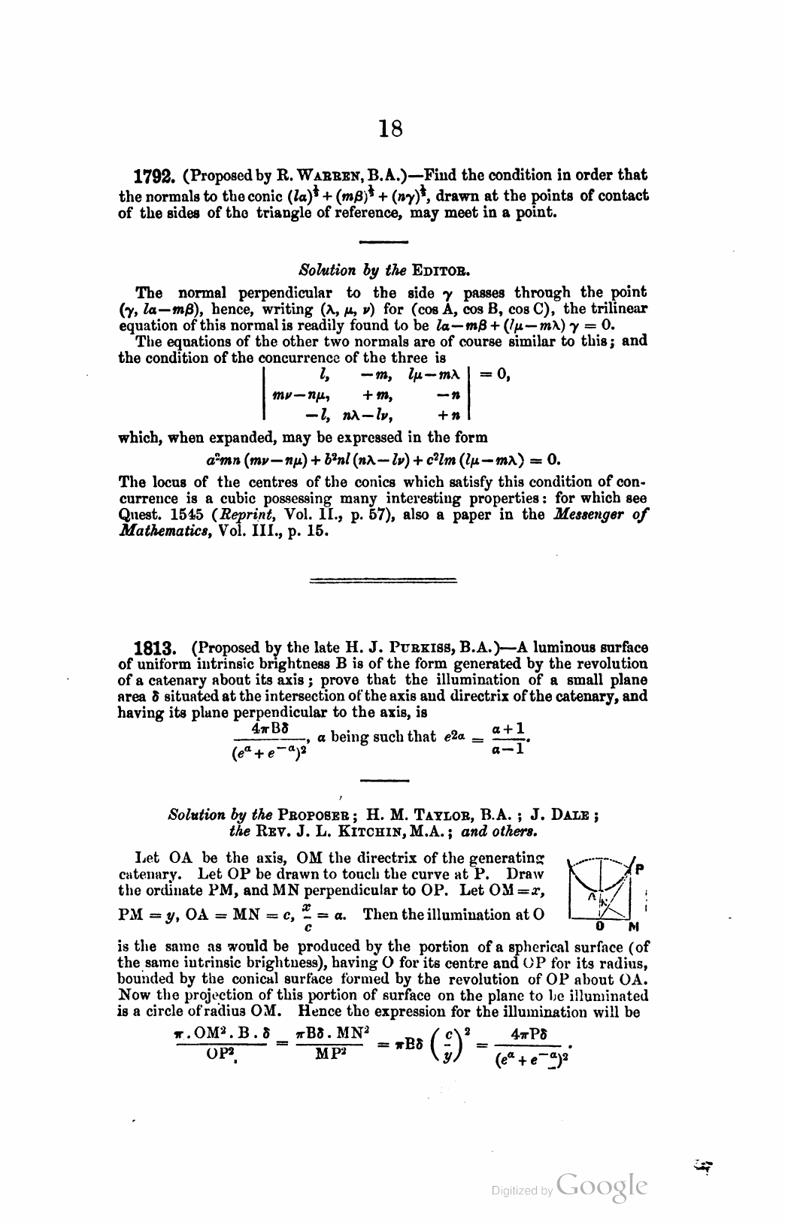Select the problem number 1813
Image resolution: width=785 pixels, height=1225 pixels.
click(154, 648)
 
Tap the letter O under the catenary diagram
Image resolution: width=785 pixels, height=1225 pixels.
click(602, 924)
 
